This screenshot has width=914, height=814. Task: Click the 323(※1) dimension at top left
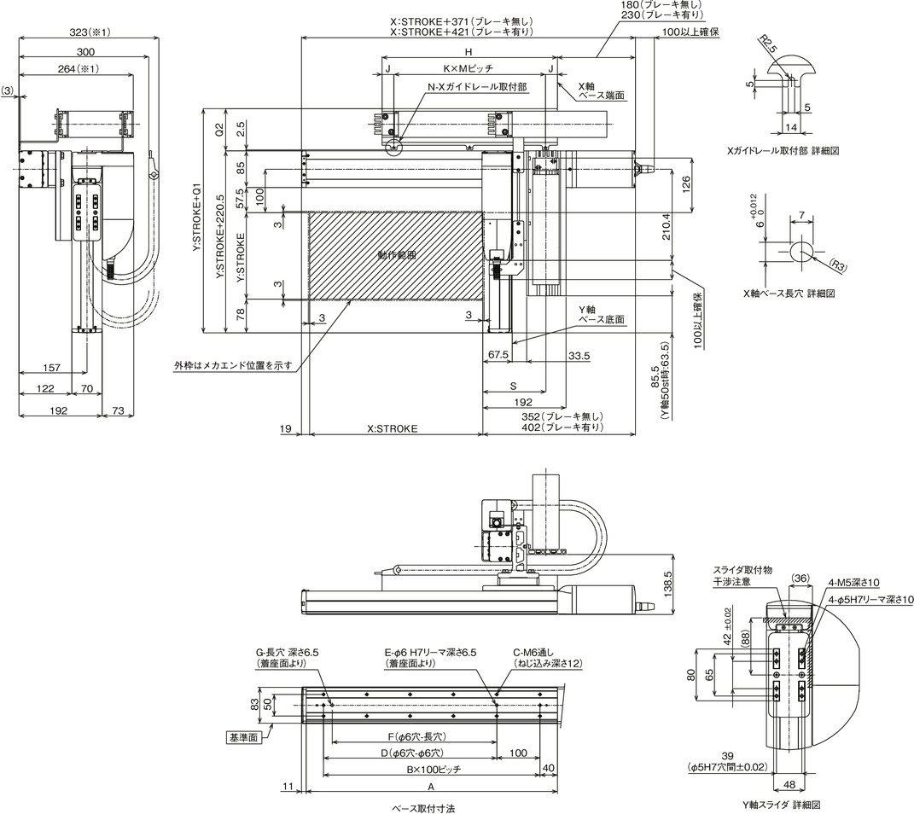90,32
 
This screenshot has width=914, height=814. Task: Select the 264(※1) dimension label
79,69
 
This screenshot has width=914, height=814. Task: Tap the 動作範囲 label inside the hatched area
397,255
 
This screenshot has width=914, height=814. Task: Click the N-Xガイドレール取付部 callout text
477,87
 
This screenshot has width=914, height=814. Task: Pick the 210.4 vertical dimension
667,227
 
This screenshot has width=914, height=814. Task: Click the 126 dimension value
686,185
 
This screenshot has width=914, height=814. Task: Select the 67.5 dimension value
498,355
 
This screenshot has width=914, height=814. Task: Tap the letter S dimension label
514,386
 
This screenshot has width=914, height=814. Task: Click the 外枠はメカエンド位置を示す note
233,366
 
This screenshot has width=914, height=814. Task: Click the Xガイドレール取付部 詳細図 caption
783,150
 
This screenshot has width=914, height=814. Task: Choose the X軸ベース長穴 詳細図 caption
789,294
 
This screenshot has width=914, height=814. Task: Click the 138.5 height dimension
668,582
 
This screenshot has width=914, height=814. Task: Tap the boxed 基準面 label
243,738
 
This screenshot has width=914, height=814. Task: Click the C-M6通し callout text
533,653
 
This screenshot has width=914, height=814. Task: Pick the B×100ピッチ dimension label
434,769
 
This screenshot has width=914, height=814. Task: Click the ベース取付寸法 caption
423,809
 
